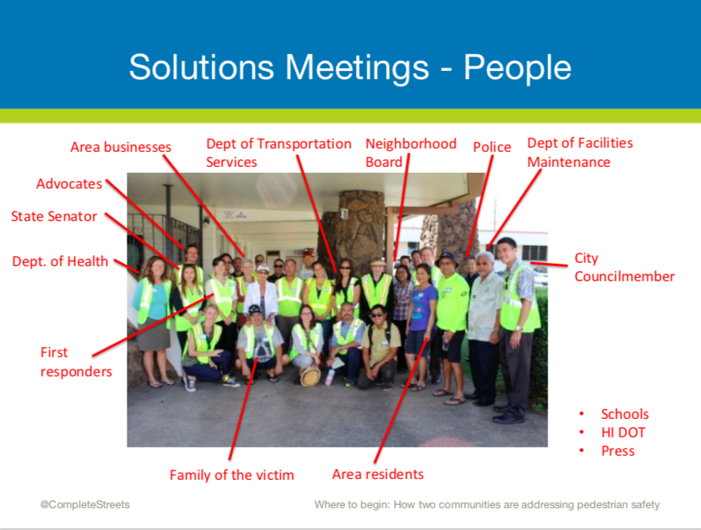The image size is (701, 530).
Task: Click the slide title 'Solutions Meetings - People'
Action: point(350,68)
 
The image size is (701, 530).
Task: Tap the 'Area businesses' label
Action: point(121,147)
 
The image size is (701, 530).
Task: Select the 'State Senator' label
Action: point(54,217)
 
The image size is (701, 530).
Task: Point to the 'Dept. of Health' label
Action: point(60,261)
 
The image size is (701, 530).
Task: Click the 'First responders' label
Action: point(76,362)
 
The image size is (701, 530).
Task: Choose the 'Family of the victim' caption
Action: point(232,475)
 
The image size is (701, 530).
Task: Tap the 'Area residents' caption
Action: point(378,474)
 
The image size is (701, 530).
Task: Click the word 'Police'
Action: point(492,147)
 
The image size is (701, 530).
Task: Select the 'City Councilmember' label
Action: point(624,267)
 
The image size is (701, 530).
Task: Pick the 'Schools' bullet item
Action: point(624,415)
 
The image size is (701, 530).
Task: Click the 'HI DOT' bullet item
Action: point(623,433)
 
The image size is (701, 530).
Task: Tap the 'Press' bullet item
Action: point(618,452)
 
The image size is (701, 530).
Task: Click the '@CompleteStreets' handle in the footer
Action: point(85,505)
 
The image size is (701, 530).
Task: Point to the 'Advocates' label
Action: point(69,184)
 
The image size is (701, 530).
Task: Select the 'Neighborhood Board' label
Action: point(411,153)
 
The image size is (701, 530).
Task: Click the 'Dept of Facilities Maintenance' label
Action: point(580,153)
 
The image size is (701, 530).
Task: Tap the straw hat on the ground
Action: point(310,377)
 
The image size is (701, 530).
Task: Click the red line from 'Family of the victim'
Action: point(243,408)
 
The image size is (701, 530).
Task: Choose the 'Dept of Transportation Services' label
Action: point(278,153)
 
